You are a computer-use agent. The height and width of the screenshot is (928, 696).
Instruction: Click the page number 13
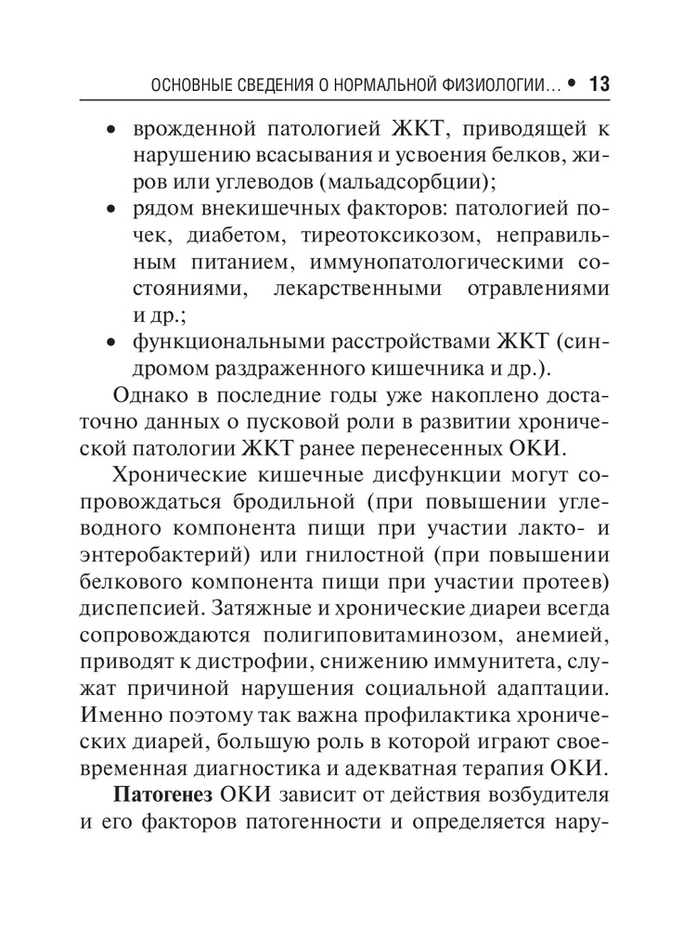point(599,84)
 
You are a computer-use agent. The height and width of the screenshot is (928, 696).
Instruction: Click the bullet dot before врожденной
point(111,130)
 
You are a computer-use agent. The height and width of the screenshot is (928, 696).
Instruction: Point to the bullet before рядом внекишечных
point(111,210)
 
